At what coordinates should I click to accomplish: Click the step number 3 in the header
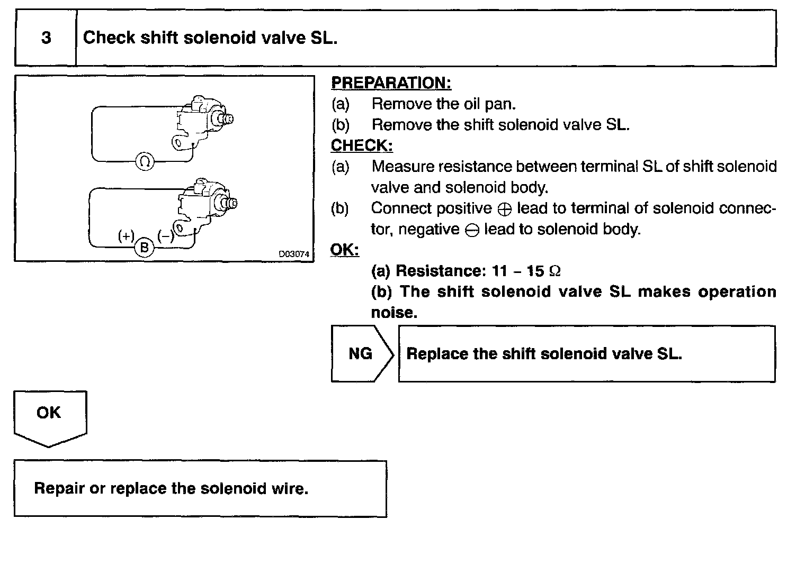tap(46, 38)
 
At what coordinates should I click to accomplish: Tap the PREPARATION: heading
tap(391, 83)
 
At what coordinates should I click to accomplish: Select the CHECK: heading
tap(362, 145)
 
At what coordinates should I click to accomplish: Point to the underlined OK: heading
tap(344, 250)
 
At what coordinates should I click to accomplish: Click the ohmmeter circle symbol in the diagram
tap(145, 161)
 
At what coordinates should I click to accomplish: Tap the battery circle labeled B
tap(144, 248)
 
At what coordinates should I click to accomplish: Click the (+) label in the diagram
tap(127, 236)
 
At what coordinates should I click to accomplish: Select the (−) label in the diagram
tap(166, 236)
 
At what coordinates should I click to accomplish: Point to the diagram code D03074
tap(294, 254)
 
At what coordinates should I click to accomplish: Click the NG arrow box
tap(362, 353)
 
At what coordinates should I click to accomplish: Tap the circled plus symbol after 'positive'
tap(505, 209)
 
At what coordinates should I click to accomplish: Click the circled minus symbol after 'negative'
tap(472, 230)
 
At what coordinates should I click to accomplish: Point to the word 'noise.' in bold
tap(394, 313)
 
